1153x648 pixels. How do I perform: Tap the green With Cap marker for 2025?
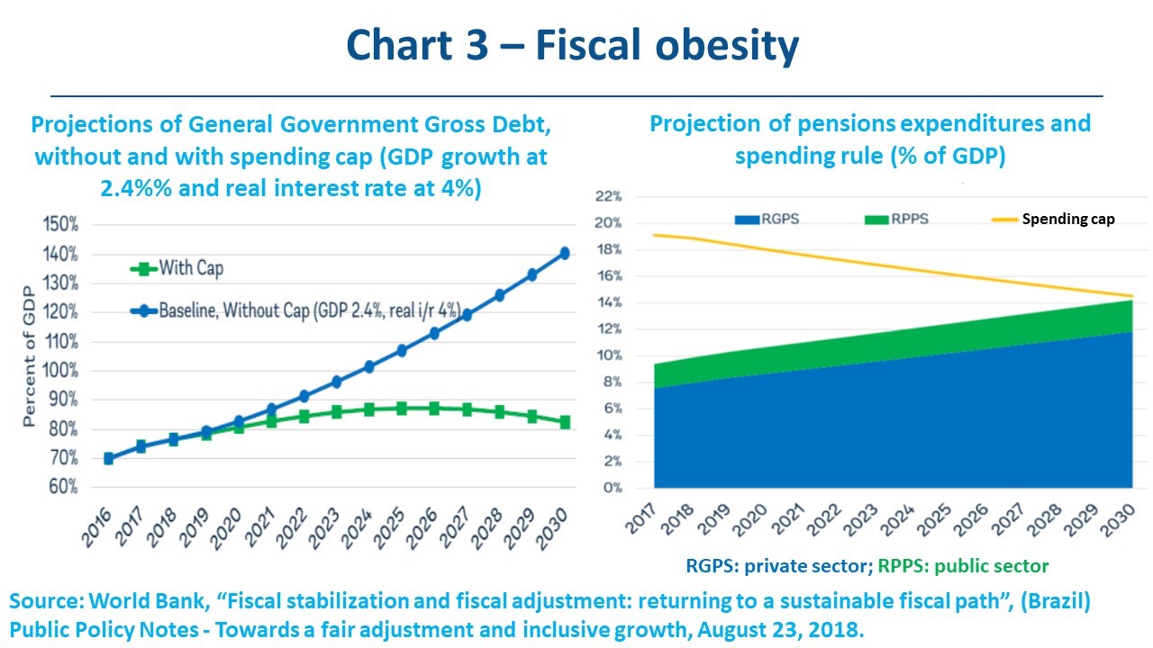(402, 409)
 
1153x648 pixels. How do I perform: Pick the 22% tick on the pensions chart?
(610, 196)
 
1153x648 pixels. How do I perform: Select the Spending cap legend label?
(1067, 219)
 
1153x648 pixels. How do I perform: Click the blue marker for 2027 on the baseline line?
(467, 315)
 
